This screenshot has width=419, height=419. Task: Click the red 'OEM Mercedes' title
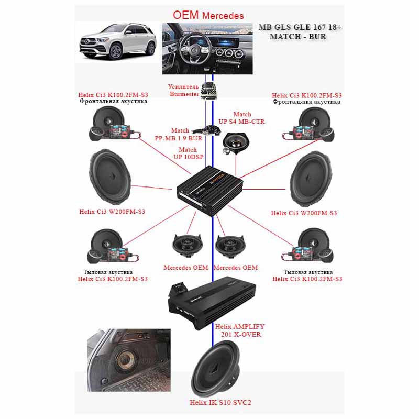[208, 15]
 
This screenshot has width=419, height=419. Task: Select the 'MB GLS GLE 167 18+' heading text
[300, 27]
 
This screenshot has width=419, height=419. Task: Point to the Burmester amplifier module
[209, 91]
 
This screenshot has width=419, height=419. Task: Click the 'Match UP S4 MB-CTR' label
[241, 118]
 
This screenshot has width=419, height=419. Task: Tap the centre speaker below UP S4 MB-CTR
[235, 144]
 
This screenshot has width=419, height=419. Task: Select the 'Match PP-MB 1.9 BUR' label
[179, 135]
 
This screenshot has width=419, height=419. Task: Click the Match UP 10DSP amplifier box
[210, 190]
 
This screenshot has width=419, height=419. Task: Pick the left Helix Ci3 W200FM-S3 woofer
[110, 178]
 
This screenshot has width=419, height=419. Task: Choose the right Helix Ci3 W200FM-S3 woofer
[311, 179]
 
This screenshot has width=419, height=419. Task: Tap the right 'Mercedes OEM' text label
[236, 268]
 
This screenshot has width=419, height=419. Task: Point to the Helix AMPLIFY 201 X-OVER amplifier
[212, 303]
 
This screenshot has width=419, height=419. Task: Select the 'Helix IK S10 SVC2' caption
[220, 402]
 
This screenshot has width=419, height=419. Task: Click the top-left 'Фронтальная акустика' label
[113, 101]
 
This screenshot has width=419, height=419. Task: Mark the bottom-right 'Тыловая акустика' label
[308, 272]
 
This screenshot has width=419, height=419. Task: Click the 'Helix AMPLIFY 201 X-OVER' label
[240, 330]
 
